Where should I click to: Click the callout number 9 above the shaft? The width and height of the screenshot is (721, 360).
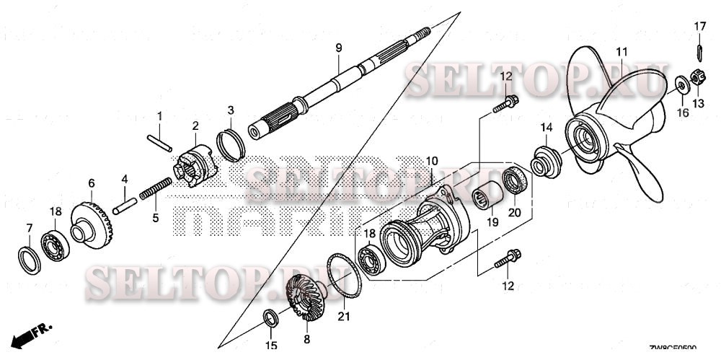tap(337, 48)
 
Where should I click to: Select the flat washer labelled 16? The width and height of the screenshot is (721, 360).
tap(681, 85)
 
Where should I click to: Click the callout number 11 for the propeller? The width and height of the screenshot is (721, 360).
tap(621, 51)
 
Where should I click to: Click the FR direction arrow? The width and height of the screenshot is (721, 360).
tap(34, 332)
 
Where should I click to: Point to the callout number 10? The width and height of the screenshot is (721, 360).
tap(431, 159)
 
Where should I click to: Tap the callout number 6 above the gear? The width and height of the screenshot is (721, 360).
tap(92, 183)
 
